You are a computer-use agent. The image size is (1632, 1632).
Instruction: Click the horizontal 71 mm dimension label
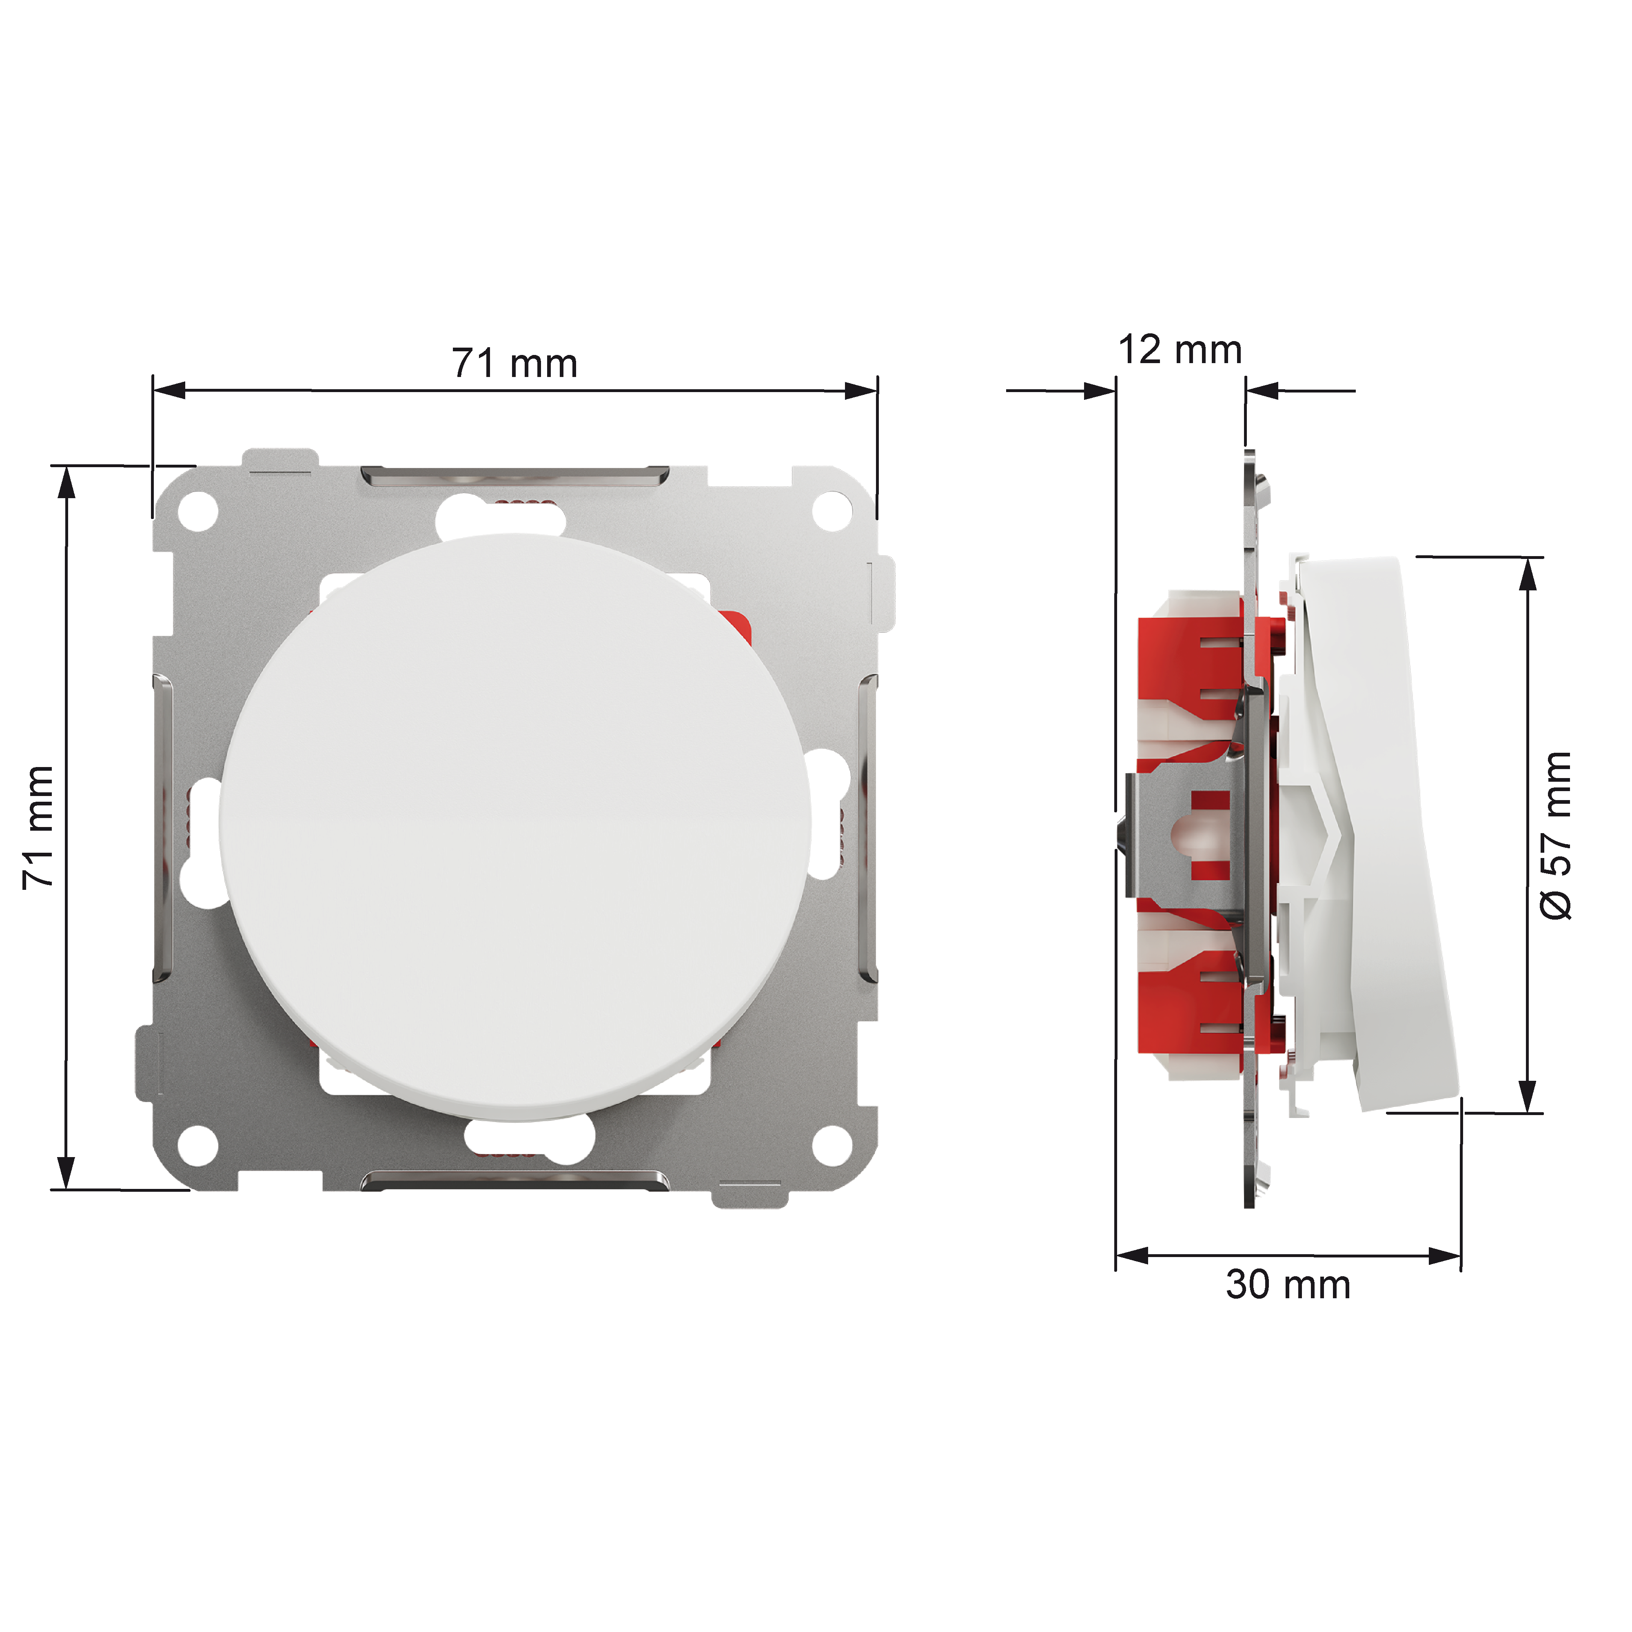click(514, 363)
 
